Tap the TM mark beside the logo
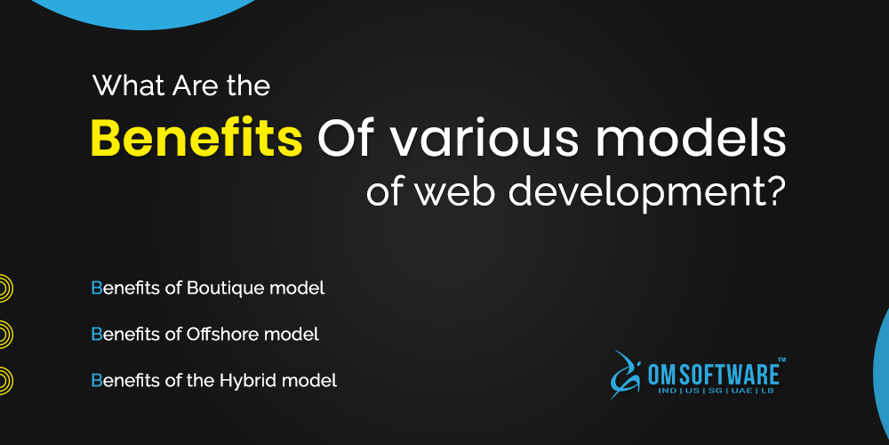point(781,360)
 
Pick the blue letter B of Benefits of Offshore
point(96,335)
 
